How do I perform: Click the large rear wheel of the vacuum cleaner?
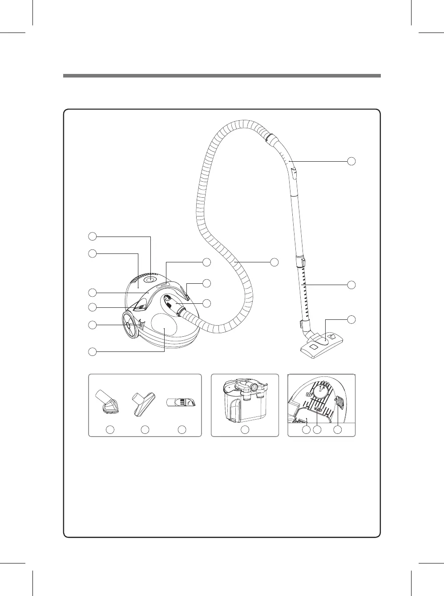click(x=128, y=325)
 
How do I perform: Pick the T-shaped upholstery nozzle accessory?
click(x=144, y=402)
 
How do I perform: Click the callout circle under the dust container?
click(x=244, y=430)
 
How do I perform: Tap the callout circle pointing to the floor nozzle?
click(x=351, y=319)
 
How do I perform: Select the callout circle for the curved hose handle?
click(x=351, y=161)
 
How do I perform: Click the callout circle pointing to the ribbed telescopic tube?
click(x=351, y=285)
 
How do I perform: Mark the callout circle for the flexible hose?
click(x=274, y=262)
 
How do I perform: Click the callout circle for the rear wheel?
click(x=92, y=325)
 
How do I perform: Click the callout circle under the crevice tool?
click(x=182, y=430)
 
